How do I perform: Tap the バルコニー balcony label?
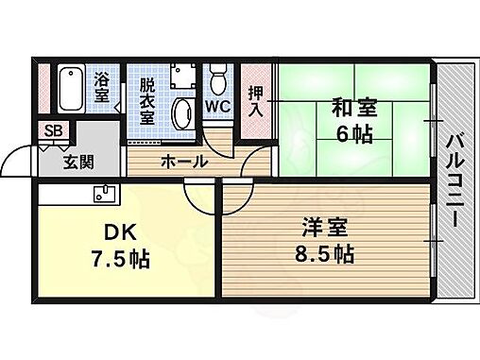[x=453, y=177]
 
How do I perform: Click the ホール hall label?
[x=185, y=162]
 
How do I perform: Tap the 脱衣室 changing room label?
[x=146, y=101]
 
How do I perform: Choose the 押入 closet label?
[x=255, y=101]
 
